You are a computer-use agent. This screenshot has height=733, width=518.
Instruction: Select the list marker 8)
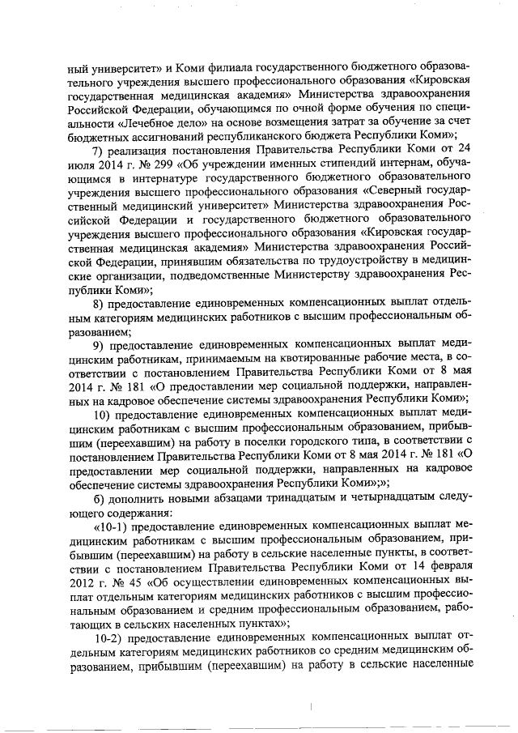click(100, 304)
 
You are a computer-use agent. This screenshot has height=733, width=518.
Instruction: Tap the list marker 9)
click(100, 347)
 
